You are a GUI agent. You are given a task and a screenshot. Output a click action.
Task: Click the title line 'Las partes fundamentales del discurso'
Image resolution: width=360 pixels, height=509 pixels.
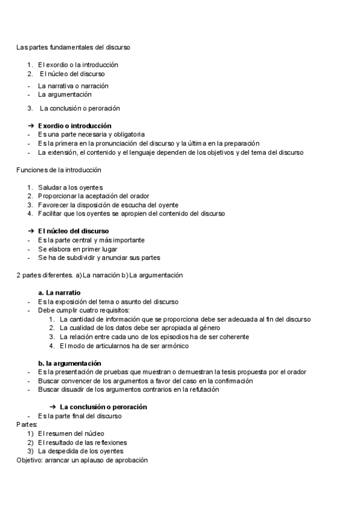click(x=73, y=46)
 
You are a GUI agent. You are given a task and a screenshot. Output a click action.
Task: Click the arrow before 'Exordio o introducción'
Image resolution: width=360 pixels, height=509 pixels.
click(x=31, y=126)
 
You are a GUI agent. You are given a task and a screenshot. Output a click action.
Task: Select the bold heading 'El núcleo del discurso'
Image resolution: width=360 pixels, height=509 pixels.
click(x=73, y=231)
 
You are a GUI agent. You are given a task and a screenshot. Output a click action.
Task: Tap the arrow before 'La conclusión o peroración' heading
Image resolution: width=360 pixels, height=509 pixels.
click(x=53, y=407)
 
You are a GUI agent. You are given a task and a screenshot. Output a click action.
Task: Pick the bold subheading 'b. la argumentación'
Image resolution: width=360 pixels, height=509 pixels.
click(x=69, y=363)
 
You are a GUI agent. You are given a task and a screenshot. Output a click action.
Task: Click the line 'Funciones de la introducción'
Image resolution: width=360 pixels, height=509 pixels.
click(x=59, y=170)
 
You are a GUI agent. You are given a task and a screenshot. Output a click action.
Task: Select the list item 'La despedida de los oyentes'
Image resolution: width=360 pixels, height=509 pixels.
click(x=80, y=451)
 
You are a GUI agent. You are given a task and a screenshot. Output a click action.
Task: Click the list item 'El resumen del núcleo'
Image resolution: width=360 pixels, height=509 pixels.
click(x=71, y=433)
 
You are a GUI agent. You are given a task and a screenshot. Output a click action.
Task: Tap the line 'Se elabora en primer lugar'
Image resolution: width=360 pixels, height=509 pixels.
click(x=77, y=248)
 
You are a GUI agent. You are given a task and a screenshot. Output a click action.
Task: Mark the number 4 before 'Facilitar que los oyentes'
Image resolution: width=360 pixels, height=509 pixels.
click(x=29, y=213)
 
